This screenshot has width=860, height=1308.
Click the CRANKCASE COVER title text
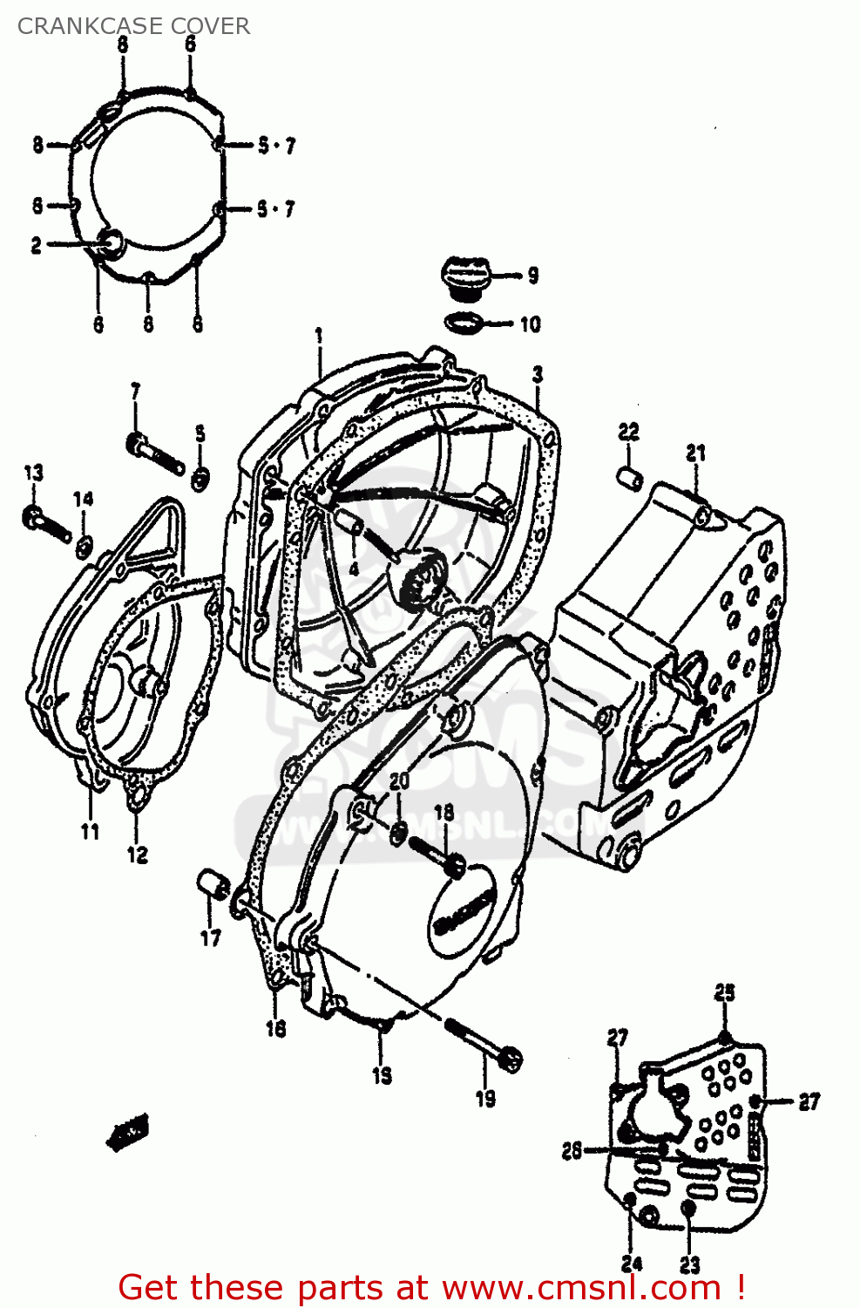coord(133,26)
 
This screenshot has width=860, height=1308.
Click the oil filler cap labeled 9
coord(465,276)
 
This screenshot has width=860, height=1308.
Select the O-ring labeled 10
coord(464,323)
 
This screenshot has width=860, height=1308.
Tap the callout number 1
coord(319,336)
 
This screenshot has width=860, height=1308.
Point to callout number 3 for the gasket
coord(538,375)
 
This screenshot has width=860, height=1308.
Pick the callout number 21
coord(695,453)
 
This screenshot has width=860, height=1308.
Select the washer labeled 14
coord(84,547)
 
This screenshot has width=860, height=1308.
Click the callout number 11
coord(90,832)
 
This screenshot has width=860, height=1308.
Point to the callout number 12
coord(138,855)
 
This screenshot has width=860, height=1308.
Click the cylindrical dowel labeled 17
coord(210,882)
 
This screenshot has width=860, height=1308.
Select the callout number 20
coord(399,781)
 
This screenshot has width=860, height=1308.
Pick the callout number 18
coord(444,813)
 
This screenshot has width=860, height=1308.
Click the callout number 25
coord(725,992)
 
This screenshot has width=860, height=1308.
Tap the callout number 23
coord(690,1264)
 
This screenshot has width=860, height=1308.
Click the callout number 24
coord(632,1264)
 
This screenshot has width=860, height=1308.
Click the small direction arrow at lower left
coord(127,1132)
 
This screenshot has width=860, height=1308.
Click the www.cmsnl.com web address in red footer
coord(581,1288)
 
